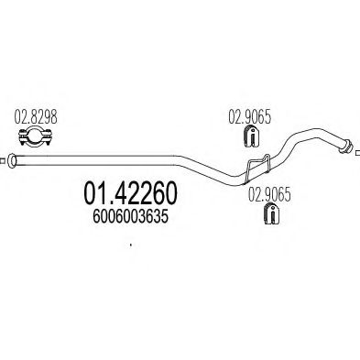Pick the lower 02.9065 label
(267, 195)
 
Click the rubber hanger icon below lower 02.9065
(268, 216)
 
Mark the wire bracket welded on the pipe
(256, 167)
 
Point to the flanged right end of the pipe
(347, 143)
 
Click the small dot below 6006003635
(132, 245)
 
